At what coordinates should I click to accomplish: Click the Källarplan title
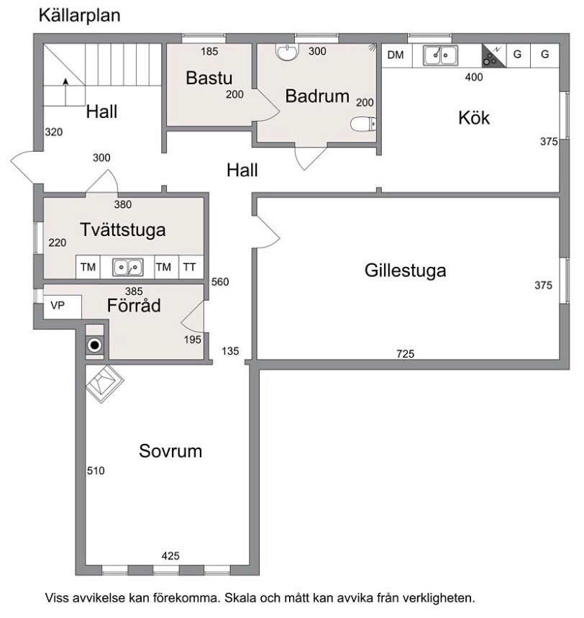(80, 16)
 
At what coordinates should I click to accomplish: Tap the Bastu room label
(209, 78)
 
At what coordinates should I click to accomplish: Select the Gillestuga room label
(405, 271)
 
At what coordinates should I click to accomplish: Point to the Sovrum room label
(170, 450)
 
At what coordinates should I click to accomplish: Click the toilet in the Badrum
(363, 124)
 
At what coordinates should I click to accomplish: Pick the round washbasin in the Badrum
(287, 52)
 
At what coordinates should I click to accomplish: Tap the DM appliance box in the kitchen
(396, 55)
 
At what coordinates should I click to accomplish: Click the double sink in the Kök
(440, 55)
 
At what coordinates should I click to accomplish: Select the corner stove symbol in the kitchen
(493, 55)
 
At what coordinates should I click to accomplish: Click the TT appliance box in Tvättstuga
(190, 267)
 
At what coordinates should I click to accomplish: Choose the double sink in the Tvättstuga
(128, 268)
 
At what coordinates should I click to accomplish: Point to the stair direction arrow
(66, 92)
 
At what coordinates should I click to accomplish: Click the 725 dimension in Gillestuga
(406, 353)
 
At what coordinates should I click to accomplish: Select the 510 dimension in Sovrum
(96, 471)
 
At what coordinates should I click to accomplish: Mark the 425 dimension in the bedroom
(170, 556)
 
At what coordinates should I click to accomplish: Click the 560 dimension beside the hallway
(220, 282)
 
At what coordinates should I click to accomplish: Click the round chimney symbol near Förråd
(94, 345)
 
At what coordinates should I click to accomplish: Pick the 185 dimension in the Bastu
(209, 51)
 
